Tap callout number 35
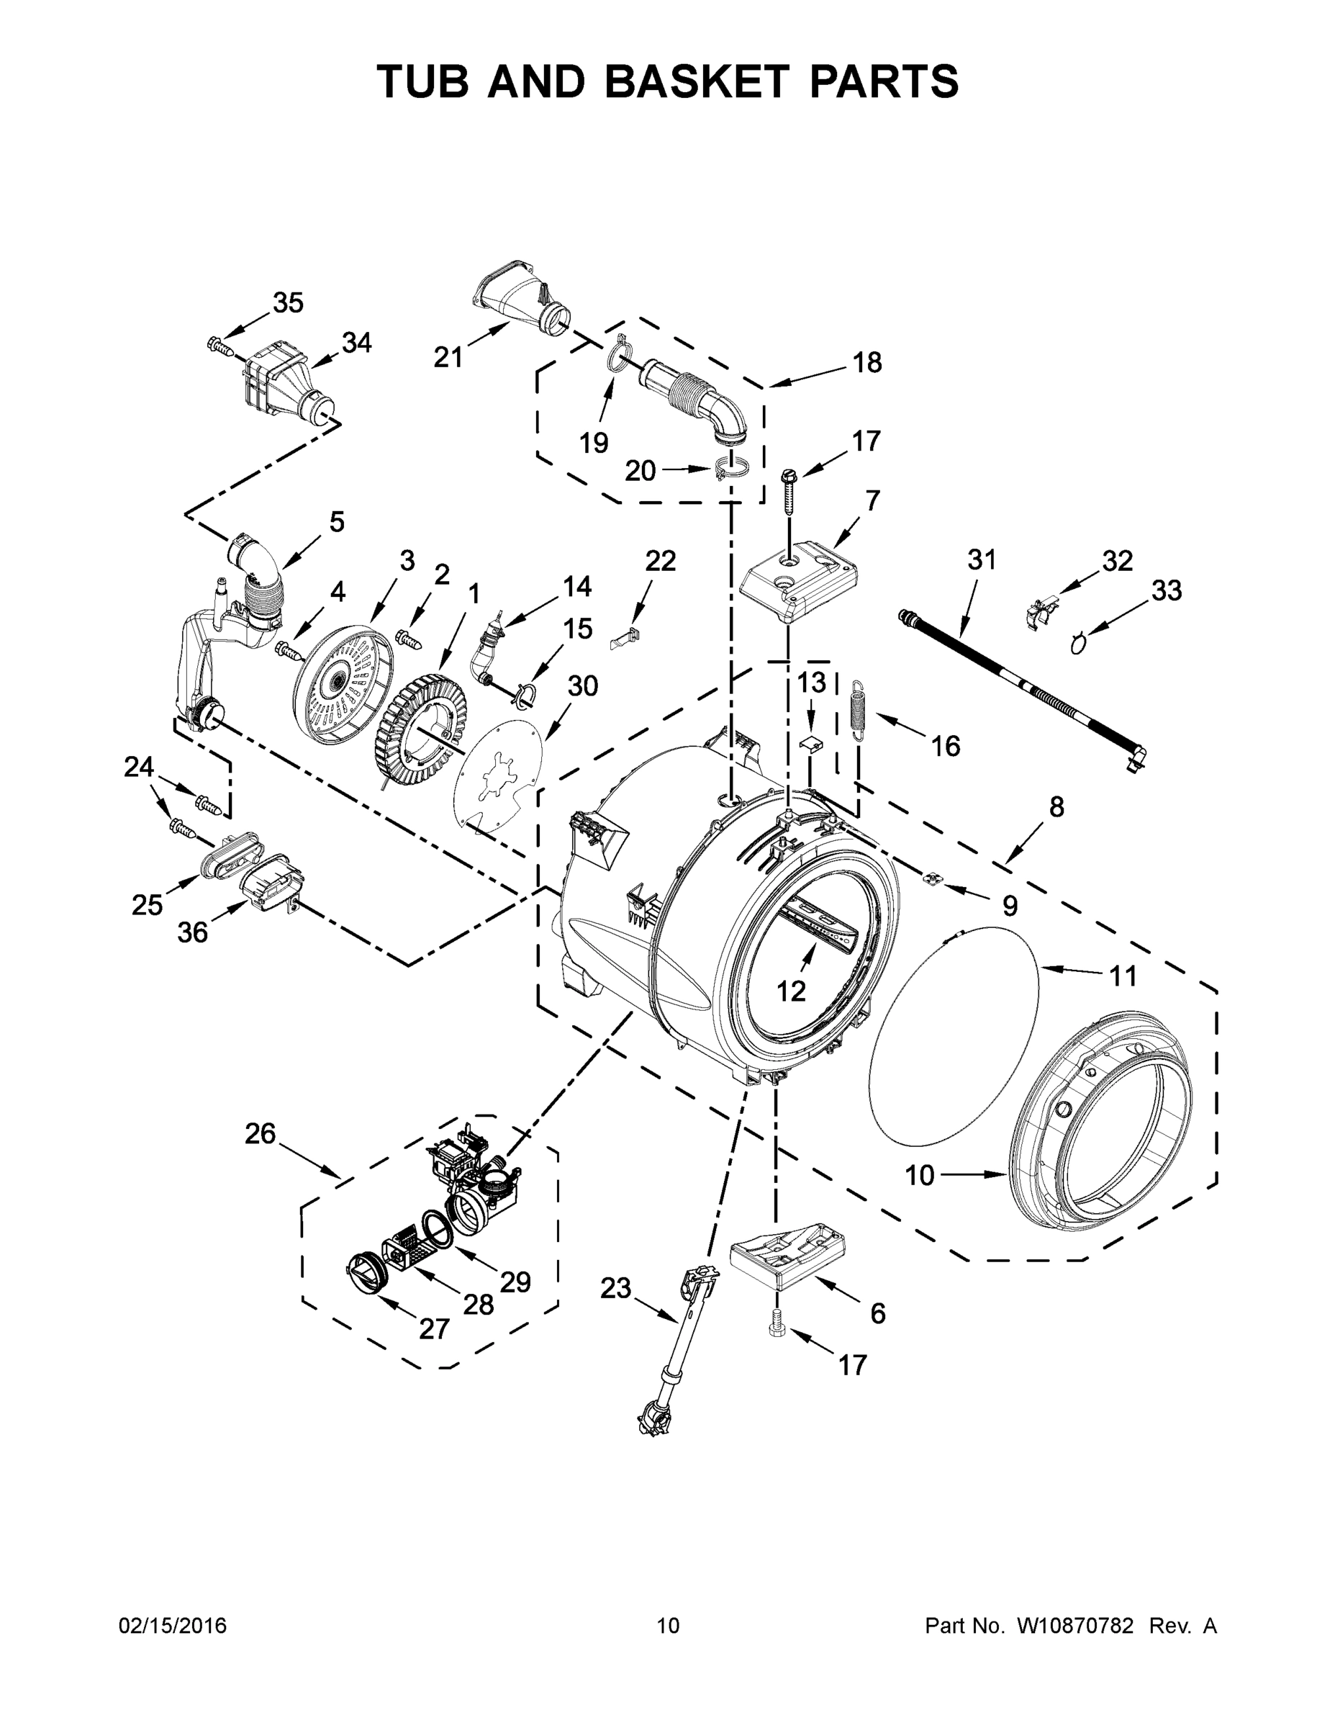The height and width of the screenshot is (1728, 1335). pyautogui.click(x=288, y=302)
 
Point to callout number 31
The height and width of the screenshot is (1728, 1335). pyautogui.click(x=982, y=559)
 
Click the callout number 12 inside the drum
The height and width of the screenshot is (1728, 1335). pyautogui.click(x=791, y=990)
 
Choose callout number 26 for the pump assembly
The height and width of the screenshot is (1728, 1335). pyautogui.click(x=261, y=1134)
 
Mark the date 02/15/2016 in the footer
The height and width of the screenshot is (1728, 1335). pyautogui.click(x=173, y=1626)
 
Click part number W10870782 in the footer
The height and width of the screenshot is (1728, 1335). pyautogui.click(x=1074, y=1626)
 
